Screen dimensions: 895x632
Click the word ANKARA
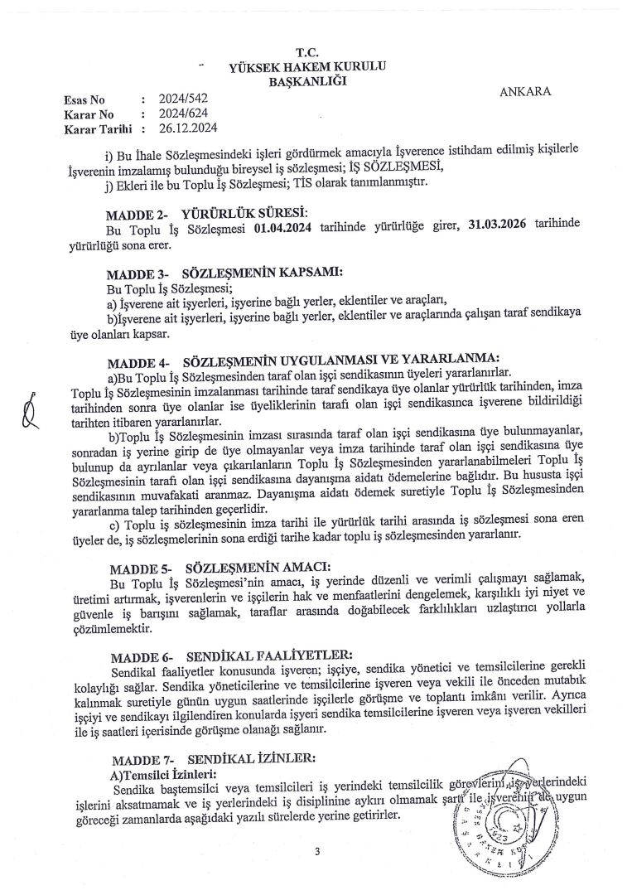tap(525, 91)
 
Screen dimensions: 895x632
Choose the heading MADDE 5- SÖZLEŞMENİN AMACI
tap(219, 568)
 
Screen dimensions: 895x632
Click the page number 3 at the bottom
tap(316, 851)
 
